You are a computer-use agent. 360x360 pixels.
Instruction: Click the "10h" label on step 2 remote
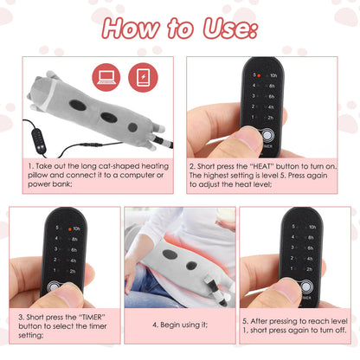click(273, 76)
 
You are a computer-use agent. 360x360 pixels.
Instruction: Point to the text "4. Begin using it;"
click(179, 325)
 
